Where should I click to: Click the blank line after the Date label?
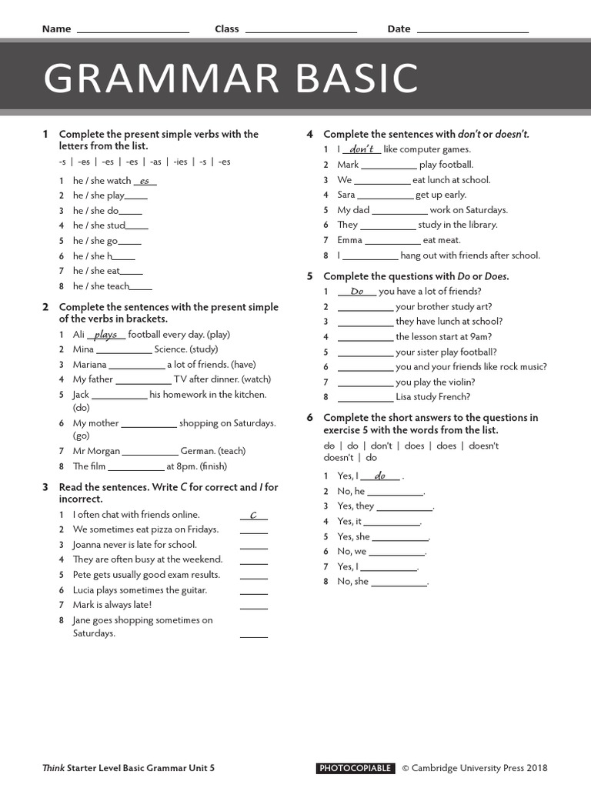click(x=472, y=31)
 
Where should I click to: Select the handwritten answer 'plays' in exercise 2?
click(x=105, y=335)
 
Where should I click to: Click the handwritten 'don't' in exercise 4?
click(x=361, y=149)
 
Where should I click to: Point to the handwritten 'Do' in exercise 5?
click(x=356, y=292)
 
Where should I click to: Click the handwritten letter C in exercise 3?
click(x=253, y=515)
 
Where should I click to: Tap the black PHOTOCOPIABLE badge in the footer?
click(x=355, y=768)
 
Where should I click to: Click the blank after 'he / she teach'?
click(x=141, y=287)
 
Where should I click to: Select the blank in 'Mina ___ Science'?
click(x=124, y=350)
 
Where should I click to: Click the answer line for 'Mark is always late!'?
click(x=254, y=606)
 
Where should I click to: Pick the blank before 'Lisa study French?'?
click(x=366, y=398)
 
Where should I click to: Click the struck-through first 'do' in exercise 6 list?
click(x=329, y=446)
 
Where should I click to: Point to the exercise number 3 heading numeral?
click(x=46, y=487)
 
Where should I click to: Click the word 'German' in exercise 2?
click(x=198, y=451)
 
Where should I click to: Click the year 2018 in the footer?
click(x=536, y=768)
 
